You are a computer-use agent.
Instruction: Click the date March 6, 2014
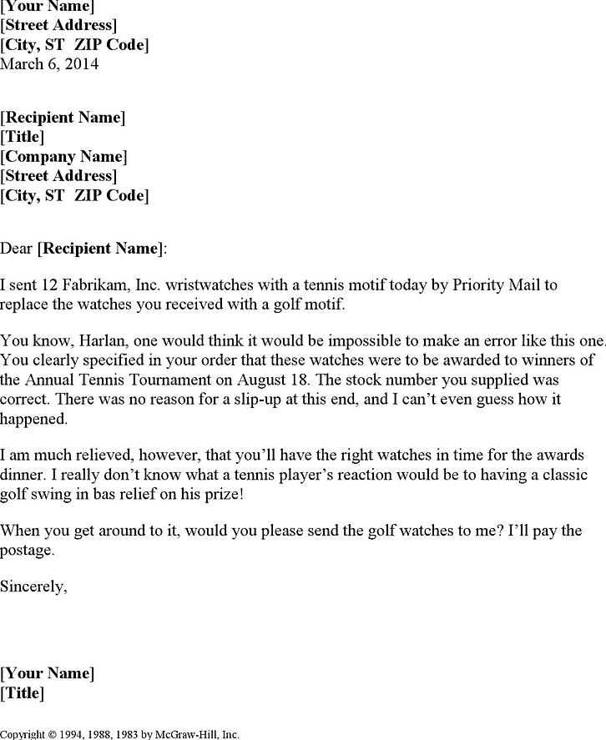coord(49,64)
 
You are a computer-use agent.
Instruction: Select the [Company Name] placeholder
coord(63,156)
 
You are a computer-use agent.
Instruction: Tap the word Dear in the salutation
coord(18,248)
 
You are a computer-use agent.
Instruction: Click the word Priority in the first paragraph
coord(462,285)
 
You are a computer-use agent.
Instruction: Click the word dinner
coord(26,475)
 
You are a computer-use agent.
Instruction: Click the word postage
coord(27,550)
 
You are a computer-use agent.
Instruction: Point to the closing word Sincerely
coord(33,586)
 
